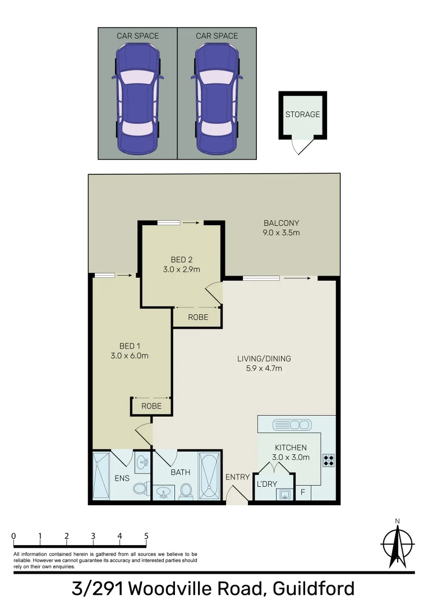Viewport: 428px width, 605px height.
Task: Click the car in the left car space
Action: click(x=137, y=100)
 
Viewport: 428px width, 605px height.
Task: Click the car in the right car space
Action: click(x=217, y=100)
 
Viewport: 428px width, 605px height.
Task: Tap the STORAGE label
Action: click(x=302, y=114)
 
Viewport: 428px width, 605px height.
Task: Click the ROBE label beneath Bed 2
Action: click(x=198, y=317)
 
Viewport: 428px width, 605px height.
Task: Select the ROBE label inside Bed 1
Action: click(x=151, y=406)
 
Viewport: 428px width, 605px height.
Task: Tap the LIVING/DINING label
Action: click(x=264, y=363)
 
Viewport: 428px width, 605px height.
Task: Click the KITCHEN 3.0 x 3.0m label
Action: click(x=291, y=452)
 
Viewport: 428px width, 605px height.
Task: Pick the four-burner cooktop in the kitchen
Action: click(x=329, y=460)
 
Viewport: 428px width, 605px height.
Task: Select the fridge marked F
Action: click(x=303, y=493)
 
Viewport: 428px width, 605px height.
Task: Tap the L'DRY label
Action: click(x=267, y=483)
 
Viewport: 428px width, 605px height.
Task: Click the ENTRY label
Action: click(x=237, y=477)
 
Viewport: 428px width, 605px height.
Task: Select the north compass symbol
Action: click(x=397, y=543)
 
